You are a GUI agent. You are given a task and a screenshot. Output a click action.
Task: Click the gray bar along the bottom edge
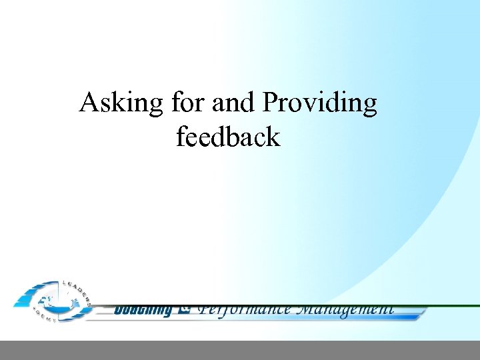pyautogui.click(x=240, y=350)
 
